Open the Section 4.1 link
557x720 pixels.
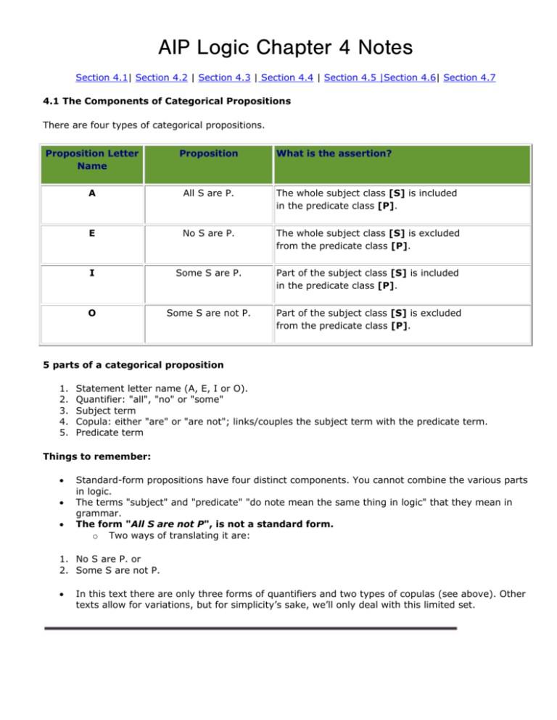(102, 77)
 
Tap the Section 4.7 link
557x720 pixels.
(470, 77)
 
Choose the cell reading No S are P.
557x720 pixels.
(209, 235)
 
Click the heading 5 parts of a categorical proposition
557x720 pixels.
(125, 364)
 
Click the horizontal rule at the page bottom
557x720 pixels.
(250, 628)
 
